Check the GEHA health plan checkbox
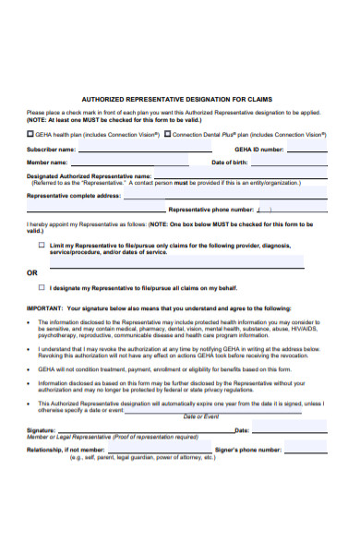tap(30, 133)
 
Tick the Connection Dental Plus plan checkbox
tap(168, 133)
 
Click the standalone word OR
tap(32, 273)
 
